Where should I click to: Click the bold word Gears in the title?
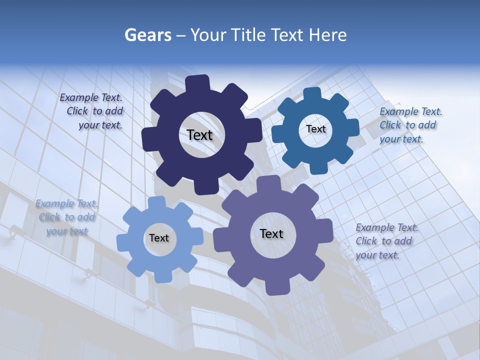147,35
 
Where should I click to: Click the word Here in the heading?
327,35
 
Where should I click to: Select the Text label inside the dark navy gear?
199,135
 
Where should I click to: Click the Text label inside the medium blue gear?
315,129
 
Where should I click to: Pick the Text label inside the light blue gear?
158,238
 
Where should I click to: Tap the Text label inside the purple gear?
271,233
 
